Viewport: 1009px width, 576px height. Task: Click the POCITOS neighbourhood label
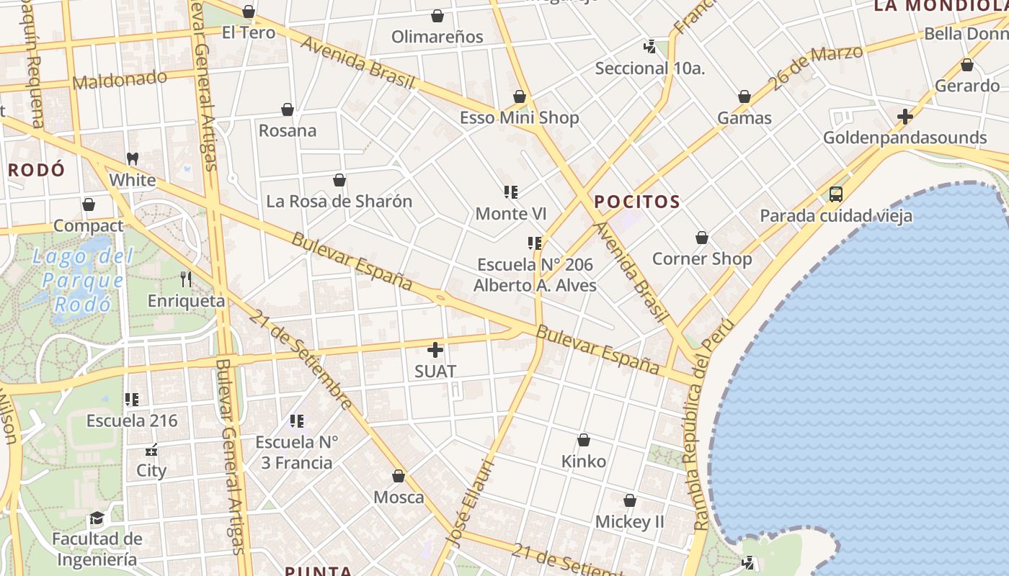pos(637,202)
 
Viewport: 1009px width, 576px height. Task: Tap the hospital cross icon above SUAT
pos(435,350)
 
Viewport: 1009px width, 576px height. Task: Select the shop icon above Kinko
pos(584,440)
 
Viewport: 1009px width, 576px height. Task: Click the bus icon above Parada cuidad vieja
pos(836,194)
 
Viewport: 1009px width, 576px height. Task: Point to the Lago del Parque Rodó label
pos(84,280)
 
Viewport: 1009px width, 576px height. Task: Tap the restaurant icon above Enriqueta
pos(186,279)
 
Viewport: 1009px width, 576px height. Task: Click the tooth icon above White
pos(132,158)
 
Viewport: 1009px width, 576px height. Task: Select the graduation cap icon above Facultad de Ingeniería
pos(97,518)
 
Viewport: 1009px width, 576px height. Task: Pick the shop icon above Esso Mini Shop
pos(520,96)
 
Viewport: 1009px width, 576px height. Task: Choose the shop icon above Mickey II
pos(630,500)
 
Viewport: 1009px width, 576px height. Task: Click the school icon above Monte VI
pos(511,192)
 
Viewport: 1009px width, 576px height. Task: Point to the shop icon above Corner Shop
pos(702,238)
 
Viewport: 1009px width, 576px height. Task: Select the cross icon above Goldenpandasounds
pos(905,116)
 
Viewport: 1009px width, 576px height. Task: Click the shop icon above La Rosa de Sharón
pos(339,180)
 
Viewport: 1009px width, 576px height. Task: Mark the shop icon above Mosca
pos(399,476)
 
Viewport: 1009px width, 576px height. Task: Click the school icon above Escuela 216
pos(132,399)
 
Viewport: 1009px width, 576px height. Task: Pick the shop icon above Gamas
pos(744,96)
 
